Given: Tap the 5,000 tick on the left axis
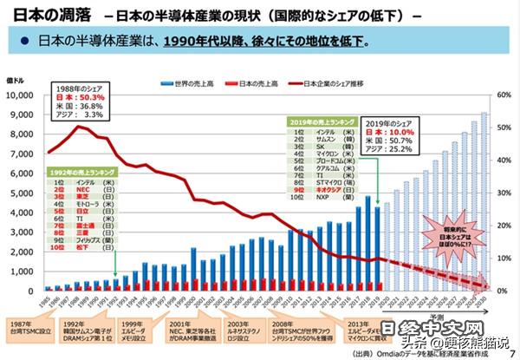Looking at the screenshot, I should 21,192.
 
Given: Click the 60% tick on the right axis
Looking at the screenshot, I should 502,93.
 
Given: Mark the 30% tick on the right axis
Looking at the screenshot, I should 502,192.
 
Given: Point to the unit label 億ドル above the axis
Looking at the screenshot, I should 16,81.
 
